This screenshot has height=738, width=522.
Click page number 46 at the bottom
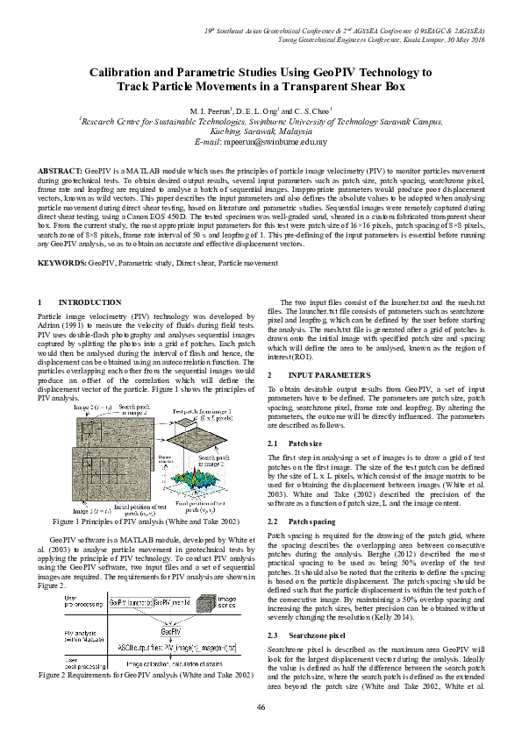click(261, 706)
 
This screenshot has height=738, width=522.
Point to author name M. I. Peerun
click(211, 111)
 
